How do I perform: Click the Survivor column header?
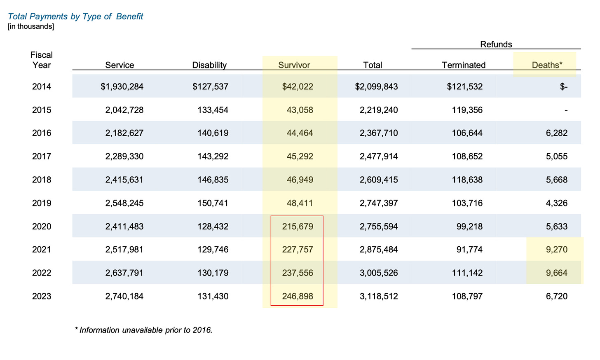click(x=294, y=65)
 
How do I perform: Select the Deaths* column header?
click(x=547, y=65)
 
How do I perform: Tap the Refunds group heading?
click(x=496, y=44)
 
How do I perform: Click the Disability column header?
click(x=209, y=65)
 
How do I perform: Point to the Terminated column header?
click(x=463, y=65)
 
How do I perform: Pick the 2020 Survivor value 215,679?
click(x=298, y=227)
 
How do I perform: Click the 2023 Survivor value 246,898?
click(x=298, y=296)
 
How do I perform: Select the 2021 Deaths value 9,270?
click(x=557, y=250)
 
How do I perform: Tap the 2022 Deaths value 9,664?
click(x=557, y=273)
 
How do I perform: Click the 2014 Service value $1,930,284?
click(x=122, y=86)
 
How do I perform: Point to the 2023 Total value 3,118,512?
click(x=378, y=296)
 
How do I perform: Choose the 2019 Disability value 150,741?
click(x=213, y=203)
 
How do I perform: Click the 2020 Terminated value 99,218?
click(x=469, y=227)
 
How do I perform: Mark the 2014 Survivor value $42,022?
click(x=298, y=86)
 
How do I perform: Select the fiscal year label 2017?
click(x=42, y=156)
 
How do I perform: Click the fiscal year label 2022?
click(x=42, y=273)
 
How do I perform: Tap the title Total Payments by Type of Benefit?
click(x=75, y=16)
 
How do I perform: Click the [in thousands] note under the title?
click(x=31, y=26)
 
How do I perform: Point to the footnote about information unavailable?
click(x=143, y=330)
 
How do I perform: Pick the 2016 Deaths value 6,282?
click(x=557, y=133)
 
